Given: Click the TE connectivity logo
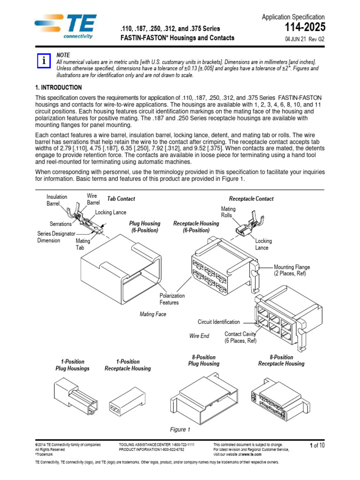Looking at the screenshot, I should pyautogui.click(x=65, y=27).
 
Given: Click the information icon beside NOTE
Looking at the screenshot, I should pyautogui.click(x=44, y=61).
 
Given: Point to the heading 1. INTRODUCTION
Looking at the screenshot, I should pyautogui.click(x=59, y=88).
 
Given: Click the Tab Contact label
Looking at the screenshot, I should pyautogui.click(x=121, y=199).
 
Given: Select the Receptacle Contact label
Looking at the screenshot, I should pyautogui.click(x=251, y=199).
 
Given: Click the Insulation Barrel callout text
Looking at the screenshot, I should pyautogui.click(x=57, y=200).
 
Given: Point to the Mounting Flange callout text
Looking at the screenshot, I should pyautogui.click(x=292, y=270).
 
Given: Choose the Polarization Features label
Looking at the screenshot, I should pyautogui.click(x=172, y=299).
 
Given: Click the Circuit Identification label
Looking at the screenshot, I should pyautogui.click(x=218, y=322).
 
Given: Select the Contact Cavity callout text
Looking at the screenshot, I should pyautogui.click(x=240, y=337).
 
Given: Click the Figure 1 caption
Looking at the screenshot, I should pyautogui.click(x=180, y=429).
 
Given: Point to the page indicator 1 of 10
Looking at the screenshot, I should pyautogui.click(x=317, y=445).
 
